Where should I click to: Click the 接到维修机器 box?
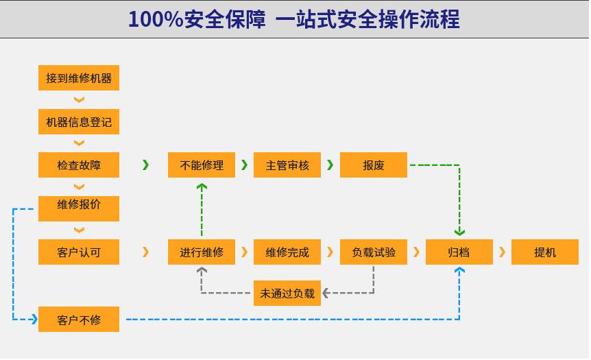pos(79,78)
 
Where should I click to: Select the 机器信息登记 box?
pos(79,122)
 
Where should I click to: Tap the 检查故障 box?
pos(79,165)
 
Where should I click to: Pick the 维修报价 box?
pos(79,208)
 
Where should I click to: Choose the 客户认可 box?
pos(79,252)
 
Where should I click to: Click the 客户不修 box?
pos(79,320)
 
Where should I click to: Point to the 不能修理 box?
pos(202,165)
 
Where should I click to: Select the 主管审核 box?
pos(287,165)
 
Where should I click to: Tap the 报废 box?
pos(374,165)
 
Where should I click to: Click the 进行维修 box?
pos(202,252)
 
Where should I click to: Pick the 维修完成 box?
pos(287,252)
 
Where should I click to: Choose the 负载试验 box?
pos(374,252)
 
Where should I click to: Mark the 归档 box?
pos(459,252)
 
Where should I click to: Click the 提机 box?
pos(544,252)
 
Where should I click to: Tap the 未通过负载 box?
pos(287,293)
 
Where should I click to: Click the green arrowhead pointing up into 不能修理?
pos(202,187)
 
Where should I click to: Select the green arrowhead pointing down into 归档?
pos(459,232)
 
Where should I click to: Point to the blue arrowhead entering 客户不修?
pos(34,320)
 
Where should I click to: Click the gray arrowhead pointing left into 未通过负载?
pos(326,293)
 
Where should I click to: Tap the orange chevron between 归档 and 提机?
pos(502,252)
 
